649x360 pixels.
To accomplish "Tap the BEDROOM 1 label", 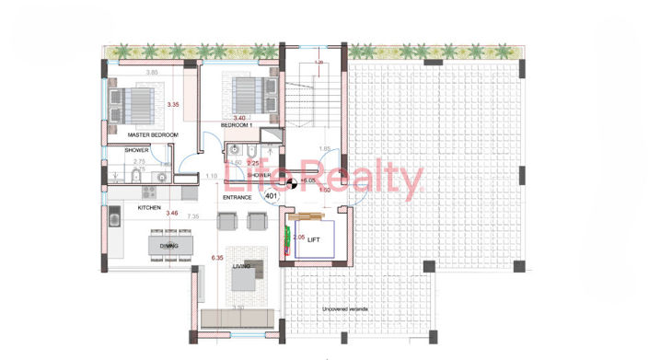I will point(237,125).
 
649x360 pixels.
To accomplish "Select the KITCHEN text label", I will point(149,208).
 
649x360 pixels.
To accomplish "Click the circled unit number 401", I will point(271,196).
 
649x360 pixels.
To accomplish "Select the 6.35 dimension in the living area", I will point(217,258).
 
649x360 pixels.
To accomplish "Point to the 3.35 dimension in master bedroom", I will point(171,105).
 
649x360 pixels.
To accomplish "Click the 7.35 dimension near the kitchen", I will point(193,217).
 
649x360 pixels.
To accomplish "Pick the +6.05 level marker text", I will point(307,181).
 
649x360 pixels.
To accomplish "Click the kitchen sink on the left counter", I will point(115,217).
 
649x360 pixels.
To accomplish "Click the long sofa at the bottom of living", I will point(237,319).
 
